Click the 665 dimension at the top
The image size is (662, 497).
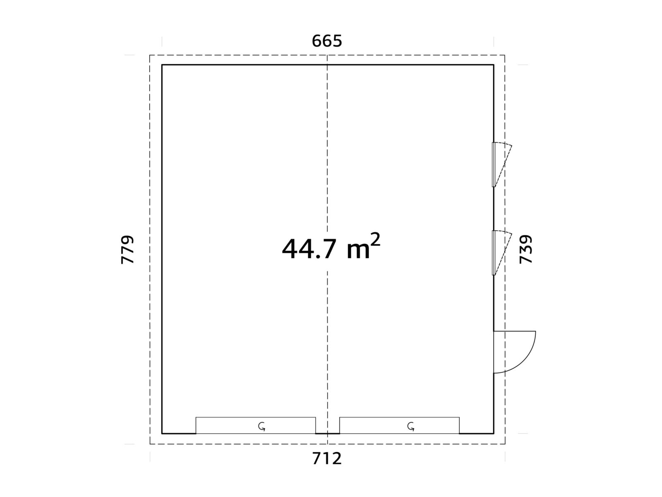pos(326,41)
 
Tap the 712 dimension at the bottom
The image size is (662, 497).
pos(326,458)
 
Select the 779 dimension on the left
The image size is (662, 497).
pos(127,250)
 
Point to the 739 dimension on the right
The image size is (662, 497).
pos(525,249)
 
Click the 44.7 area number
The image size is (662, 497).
pos(309,249)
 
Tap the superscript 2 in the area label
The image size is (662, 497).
pos(375,239)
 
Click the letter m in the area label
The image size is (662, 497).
pos(358,251)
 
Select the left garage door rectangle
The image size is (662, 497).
pos(255,425)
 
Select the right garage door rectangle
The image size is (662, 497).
pos(399,425)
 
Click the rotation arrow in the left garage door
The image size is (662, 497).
pos(261,427)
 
